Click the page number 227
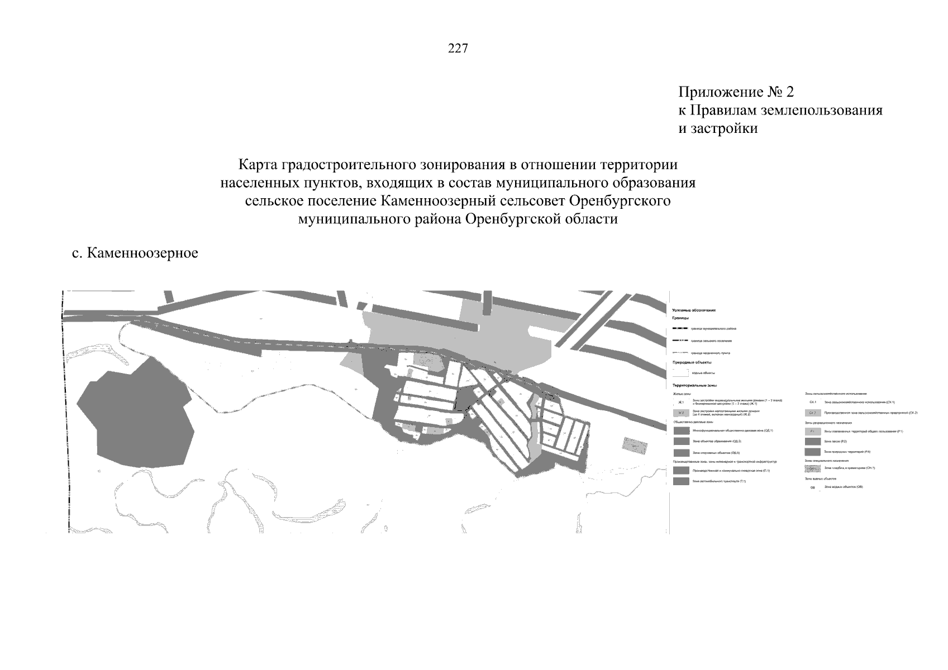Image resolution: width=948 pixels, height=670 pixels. (458, 49)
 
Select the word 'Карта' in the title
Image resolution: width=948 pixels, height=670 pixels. (258, 165)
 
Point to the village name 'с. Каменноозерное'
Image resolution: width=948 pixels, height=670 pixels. (135, 253)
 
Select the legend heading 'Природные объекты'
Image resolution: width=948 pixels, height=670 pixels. (692, 362)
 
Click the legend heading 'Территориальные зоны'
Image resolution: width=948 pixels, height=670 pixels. (695, 385)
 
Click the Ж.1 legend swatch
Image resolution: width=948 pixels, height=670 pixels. (681, 402)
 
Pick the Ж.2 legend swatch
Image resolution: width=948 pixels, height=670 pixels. (681, 413)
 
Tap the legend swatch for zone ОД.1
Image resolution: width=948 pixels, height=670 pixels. (682, 430)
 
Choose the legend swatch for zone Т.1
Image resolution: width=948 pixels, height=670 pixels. (681, 481)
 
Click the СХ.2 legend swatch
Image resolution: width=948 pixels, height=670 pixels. (813, 413)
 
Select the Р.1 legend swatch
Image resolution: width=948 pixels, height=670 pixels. (813, 432)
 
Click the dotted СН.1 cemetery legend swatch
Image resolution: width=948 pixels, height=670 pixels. (813, 468)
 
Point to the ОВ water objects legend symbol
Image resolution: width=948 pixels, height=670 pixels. (813, 487)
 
